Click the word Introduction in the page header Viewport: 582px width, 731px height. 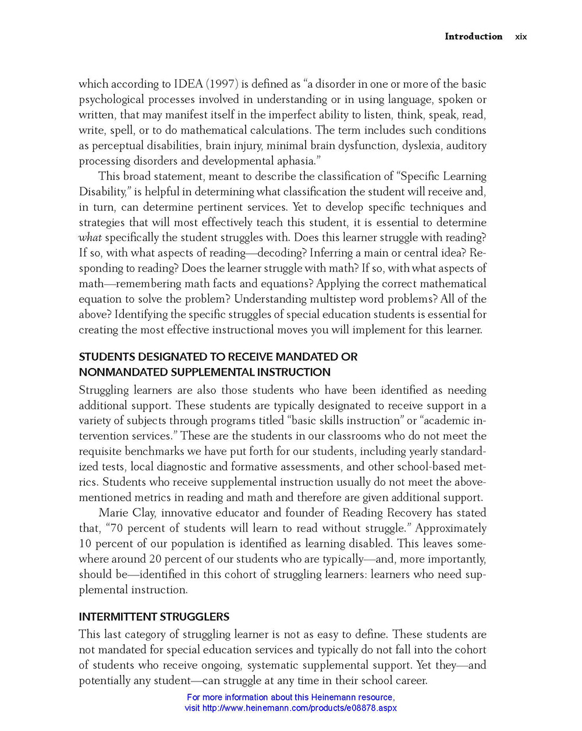tap(473, 36)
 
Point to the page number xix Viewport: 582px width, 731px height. tap(521, 37)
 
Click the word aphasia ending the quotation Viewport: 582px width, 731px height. tap(299, 161)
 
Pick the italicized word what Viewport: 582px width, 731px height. tap(90, 238)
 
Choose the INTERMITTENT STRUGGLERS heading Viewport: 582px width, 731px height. tap(154, 617)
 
